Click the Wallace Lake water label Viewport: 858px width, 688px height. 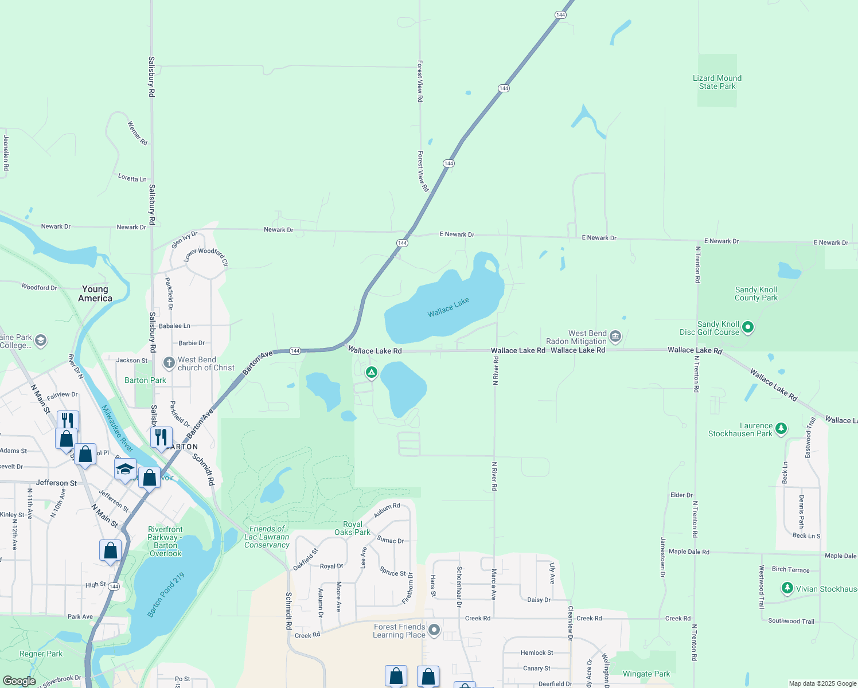tap(448, 307)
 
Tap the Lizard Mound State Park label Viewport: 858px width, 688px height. tap(717, 82)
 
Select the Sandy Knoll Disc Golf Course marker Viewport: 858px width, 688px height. tap(747, 327)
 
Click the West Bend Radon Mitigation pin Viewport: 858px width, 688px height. tap(615, 336)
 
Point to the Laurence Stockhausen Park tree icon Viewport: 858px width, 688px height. tap(781, 428)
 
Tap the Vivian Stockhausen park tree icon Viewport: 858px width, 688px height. tap(787, 588)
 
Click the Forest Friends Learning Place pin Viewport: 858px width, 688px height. tap(434, 631)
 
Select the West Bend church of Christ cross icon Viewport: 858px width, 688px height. tap(169, 362)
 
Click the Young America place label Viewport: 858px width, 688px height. tap(95, 294)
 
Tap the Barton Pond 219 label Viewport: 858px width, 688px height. tap(166, 595)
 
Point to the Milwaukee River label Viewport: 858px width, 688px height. tap(118, 428)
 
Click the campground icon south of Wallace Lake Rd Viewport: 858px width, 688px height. tap(372, 373)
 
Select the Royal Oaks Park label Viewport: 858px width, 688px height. tap(352, 528)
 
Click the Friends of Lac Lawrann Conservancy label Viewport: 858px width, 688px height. tap(267, 537)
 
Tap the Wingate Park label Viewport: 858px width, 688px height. tap(646, 674)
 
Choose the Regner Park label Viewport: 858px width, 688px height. tap(41, 654)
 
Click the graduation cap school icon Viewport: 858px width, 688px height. tap(125, 469)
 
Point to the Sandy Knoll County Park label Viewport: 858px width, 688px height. tap(756, 294)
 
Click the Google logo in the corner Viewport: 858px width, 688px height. tap(19, 681)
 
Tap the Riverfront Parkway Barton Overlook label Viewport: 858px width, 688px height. tap(165, 541)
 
